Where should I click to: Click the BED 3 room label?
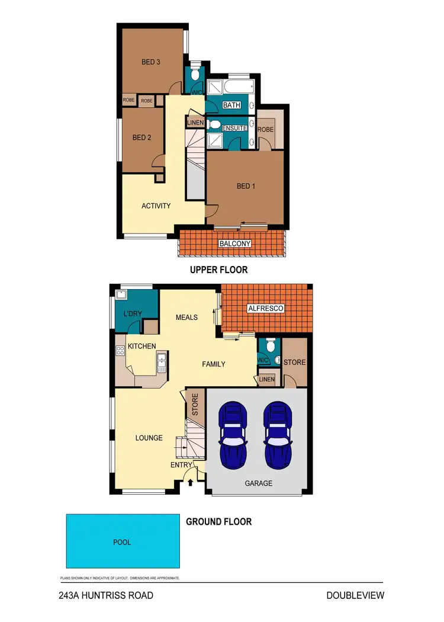(151, 62)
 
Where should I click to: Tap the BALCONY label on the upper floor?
(235, 243)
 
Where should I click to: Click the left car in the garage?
(233, 435)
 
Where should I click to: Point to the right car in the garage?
(277, 435)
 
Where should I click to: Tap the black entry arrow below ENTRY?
(190, 483)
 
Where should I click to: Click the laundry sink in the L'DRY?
(122, 294)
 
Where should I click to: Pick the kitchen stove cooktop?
(120, 350)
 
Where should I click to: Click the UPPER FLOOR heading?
(218, 270)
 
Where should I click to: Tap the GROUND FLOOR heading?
(218, 522)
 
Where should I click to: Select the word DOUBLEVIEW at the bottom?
(355, 595)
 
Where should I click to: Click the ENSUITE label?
(234, 128)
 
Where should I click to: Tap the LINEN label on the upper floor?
(195, 123)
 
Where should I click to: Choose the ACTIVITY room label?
(156, 206)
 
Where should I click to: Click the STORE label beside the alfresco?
(294, 363)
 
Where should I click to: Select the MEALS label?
(186, 317)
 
